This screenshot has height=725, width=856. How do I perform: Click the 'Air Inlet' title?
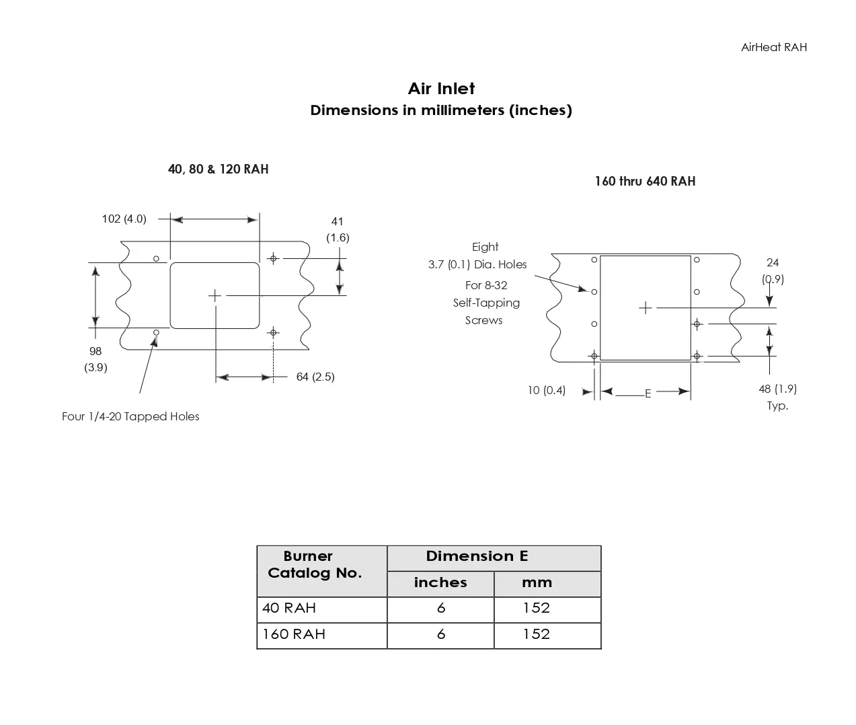(x=441, y=89)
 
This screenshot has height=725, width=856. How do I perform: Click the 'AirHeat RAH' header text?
(x=773, y=47)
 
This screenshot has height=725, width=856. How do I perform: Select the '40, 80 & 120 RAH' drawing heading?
(x=218, y=169)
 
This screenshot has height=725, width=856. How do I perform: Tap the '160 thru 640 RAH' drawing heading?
(x=644, y=182)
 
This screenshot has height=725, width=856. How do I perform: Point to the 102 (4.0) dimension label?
(x=124, y=219)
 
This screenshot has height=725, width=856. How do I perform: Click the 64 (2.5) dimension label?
(x=315, y=377)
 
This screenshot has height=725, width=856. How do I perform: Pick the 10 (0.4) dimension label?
(x=546, y=391)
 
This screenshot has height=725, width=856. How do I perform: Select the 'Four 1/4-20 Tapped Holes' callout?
(x=130, y=417)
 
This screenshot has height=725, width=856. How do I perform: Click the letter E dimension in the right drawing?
(x=648, y=394)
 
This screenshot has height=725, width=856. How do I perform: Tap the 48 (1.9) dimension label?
(x=777, y=389)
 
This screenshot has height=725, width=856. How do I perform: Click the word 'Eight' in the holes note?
(x=485, y=247)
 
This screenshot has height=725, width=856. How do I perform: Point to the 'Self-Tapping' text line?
(x=486, y=303)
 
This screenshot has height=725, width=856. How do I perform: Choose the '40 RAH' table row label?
(x=289, y=609)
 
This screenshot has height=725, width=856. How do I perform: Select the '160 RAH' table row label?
(x=294, y=635)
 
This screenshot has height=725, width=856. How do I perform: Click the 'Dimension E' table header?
(x=477, y=557)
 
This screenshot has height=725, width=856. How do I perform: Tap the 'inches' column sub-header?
(x=440, y=583)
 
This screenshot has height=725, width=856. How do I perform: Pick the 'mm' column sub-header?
(x=537, y=583)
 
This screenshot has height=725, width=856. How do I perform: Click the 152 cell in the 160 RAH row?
(x=537, y=635)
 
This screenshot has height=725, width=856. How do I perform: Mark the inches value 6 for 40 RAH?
(x=441, y=609)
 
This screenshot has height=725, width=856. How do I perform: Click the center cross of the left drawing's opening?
(x=215, y=295)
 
